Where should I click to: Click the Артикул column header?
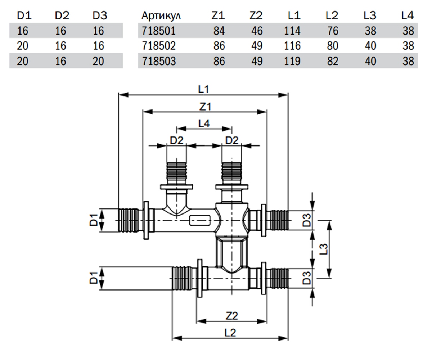(x=161, y=16)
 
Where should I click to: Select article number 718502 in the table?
(x=159, y=46)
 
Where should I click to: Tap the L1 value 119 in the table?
(x=292, y=61)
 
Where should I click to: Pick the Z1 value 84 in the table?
(x=219, y=31)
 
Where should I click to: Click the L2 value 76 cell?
(x=333, y=31)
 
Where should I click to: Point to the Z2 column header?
(x=256, y=15)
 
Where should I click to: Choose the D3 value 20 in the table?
(x=98, y=61)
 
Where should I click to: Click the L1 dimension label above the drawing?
(x=204, y=89)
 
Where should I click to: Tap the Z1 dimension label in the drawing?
(x=205, y=107)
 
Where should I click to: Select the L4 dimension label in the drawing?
(x=204, y=123)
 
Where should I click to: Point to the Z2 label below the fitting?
(x=232, y=316)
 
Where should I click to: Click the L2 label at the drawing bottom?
(x=230, y=333)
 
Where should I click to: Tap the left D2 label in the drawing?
(x=176, y=140)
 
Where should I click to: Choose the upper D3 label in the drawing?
(x=307, y=220)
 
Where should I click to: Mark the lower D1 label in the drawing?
(x=94, y=278)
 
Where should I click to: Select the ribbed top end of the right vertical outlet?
(x=231, y=171)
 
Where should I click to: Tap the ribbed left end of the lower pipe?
(x=182, y=278)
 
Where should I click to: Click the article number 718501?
(x=159, y=31)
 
